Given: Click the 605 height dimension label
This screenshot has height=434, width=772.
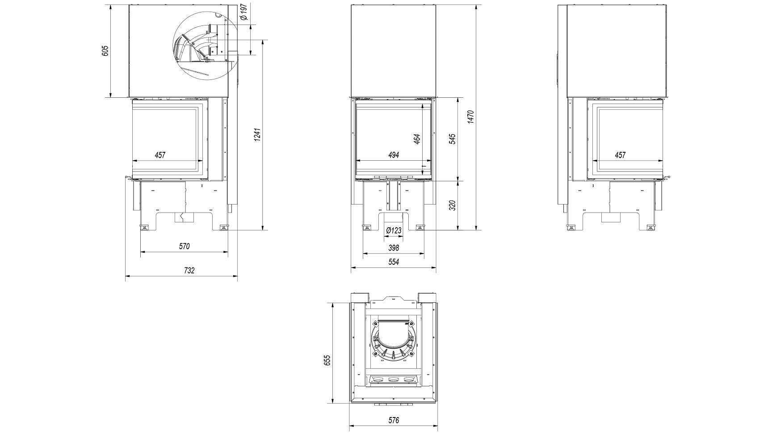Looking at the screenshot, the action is click(x=105, y=51).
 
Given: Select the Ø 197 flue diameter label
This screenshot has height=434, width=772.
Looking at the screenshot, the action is click(x=244, y=13).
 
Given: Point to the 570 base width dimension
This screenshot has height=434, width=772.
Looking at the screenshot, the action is click(x=185, y=246).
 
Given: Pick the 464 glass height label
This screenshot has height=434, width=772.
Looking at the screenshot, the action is click(x=417, y=139).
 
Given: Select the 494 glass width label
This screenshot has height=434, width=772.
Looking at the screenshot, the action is click(x=393, y=155).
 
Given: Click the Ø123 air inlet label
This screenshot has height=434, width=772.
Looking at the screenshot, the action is click(x=394, y=230).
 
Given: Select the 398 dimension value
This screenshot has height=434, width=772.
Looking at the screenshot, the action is click(x=394, y=248).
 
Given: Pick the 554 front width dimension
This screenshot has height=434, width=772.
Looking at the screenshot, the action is click(x=394, y=262).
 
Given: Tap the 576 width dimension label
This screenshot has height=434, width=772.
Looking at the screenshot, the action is click(x=394, y=420).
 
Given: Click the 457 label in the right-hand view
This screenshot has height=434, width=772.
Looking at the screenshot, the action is click(x=620, y=155).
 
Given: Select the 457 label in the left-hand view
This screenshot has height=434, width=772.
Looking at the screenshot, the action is click(x=160, y=155).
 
